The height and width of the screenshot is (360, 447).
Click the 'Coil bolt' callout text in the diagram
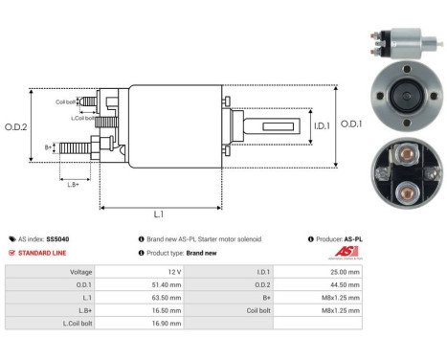66,101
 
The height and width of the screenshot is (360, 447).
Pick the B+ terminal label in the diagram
48,146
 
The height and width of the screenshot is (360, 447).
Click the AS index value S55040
58,238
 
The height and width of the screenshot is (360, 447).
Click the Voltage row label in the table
79,272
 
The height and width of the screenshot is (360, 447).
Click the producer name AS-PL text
351,238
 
